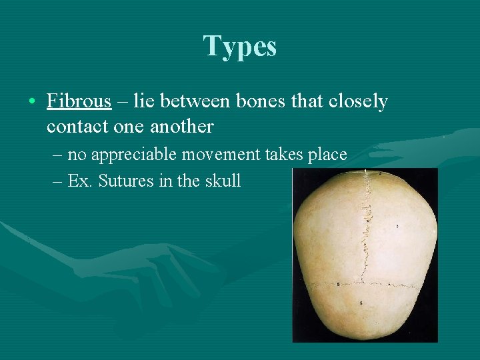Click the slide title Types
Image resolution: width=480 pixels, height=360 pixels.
point(239,47)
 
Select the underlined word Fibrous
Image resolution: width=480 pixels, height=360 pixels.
point(79,101)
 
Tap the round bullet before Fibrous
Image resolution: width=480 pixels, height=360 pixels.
point(32,102)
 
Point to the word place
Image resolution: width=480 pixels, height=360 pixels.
point(327,155)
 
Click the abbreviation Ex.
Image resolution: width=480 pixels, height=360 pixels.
point(80,181)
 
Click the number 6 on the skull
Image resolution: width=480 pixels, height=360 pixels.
point(361,304)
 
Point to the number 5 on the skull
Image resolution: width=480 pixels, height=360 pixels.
point(339,285)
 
